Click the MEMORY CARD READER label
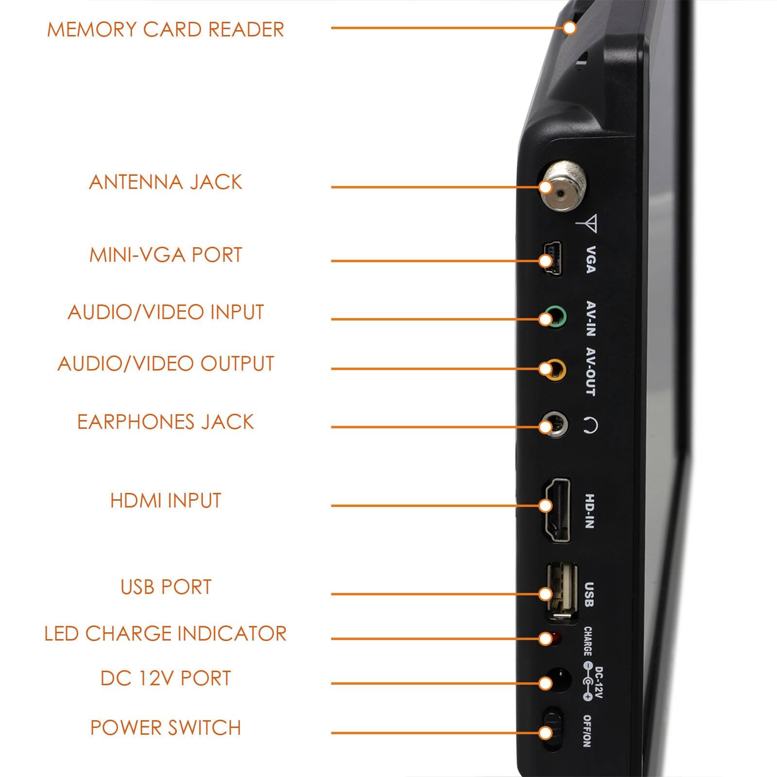pyautogui.click(x=166, y=30)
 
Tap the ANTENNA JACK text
pyautogui.click(x=166, y=182)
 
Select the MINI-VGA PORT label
pyautogui.click(x=166, y=255)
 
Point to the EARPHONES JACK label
pyautogui.click(x=166, y=422)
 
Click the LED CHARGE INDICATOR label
pyautogui.click(x=166, y=634)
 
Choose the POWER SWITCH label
pyautogui.click(x=166, y=728)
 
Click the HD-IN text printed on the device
pyautogui.click(x=590, y=511)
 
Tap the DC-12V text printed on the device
pyautogui.click(x=598, y=682)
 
